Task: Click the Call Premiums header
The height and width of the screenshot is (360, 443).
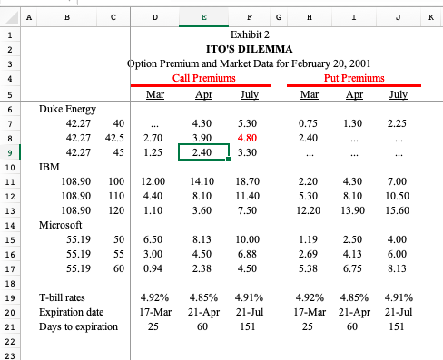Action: coord(202,79)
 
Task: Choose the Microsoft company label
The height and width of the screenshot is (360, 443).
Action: coord(59,223)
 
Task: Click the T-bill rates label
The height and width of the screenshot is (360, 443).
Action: coord(62,297)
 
